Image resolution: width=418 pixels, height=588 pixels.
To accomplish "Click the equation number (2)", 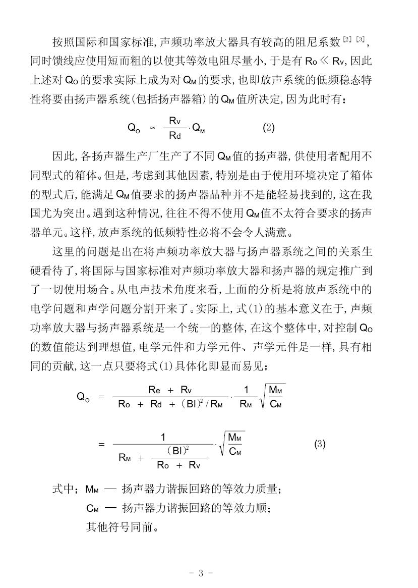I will (x=268, y=128).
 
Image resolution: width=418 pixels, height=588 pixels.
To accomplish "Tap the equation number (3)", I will (x=320, y=444).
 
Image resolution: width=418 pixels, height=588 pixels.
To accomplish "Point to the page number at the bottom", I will (x=200, y=573).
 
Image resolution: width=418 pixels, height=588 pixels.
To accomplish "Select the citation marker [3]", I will (x=360, y=39).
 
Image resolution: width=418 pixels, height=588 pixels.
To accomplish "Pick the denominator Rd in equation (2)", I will (x=174, y=135).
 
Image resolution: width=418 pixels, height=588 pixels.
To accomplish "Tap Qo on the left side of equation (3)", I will (x=84, y=397).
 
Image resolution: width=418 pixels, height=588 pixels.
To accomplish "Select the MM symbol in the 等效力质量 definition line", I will (x=92, y=490).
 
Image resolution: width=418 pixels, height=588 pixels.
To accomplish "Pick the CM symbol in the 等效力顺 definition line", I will (x=92, y=509).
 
